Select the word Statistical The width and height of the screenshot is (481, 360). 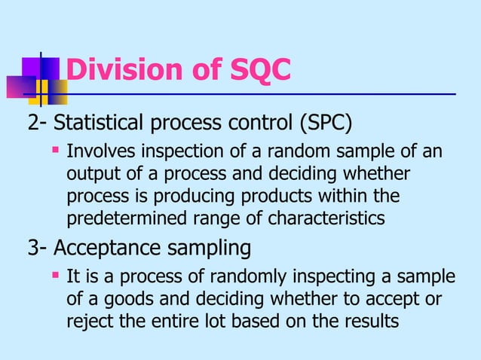click(x=101, y=123)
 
